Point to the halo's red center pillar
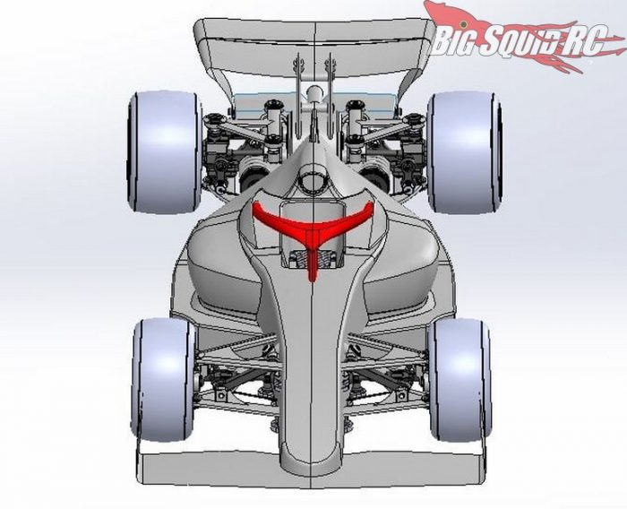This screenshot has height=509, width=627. (312, 260)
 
